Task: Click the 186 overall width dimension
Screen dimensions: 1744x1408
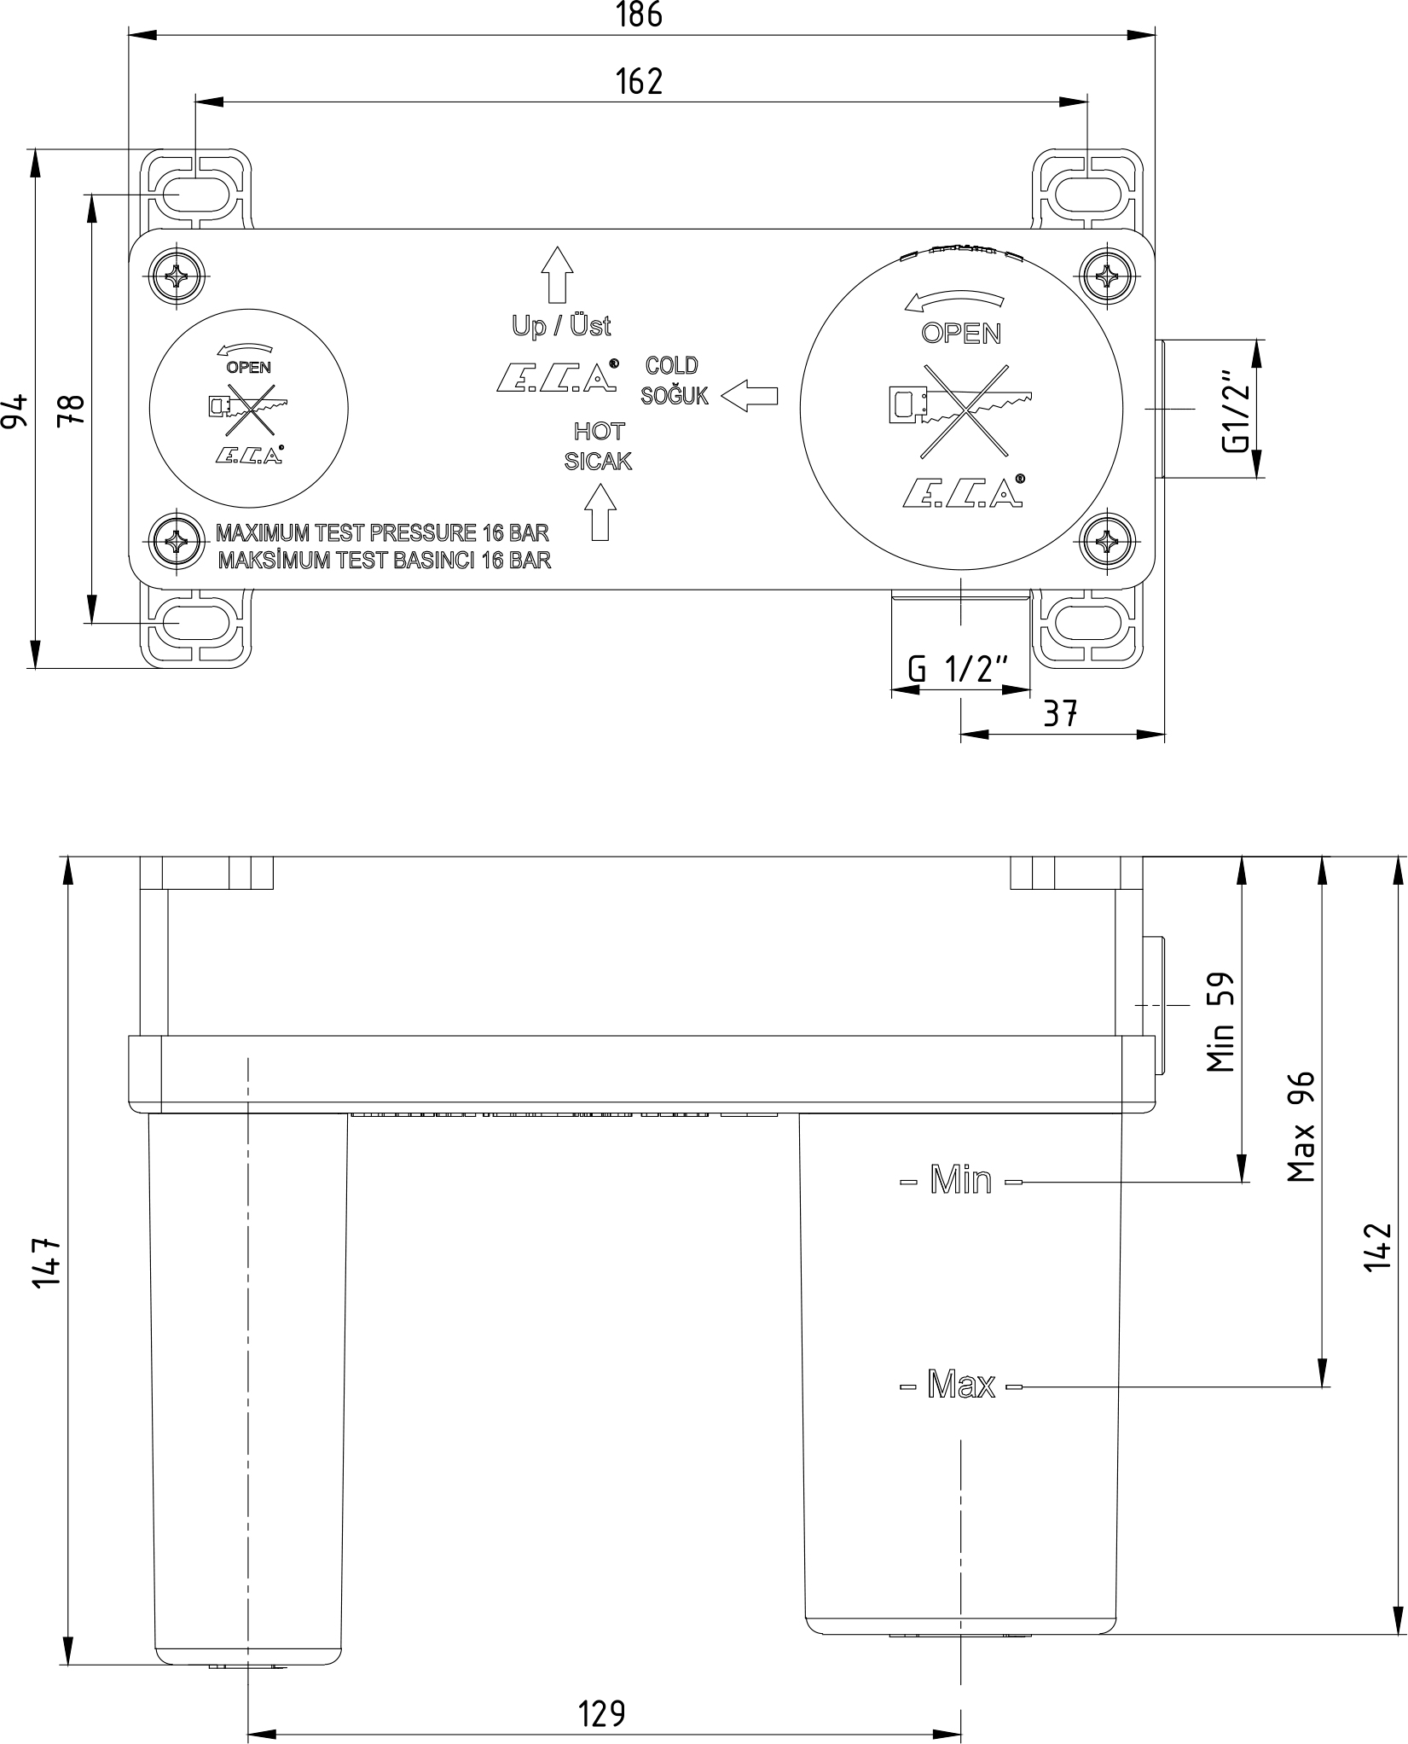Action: coord(639,15)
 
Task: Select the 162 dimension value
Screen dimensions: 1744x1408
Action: coord(639,82)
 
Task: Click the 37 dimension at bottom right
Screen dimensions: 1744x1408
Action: coord(1060,712)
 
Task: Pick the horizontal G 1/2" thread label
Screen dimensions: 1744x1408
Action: coord(959,669)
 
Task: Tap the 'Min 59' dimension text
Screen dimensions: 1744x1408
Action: coord(1220,1022)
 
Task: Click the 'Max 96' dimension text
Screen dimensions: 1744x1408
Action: coord(1301,1126)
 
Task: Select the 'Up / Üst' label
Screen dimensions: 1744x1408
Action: coord(561,325)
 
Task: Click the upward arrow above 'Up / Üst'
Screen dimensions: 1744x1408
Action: coord(557,275)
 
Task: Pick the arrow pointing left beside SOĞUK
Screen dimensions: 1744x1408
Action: coord(750,396)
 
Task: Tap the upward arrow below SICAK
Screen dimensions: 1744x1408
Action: coord(600,512)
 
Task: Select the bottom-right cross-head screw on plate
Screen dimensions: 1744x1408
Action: coord(1108,540)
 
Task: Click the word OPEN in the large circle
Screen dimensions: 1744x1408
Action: coord(961,334)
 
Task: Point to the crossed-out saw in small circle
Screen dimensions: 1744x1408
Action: coord(248,404)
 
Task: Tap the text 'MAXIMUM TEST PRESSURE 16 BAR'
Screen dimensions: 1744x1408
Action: coord(382,533)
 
